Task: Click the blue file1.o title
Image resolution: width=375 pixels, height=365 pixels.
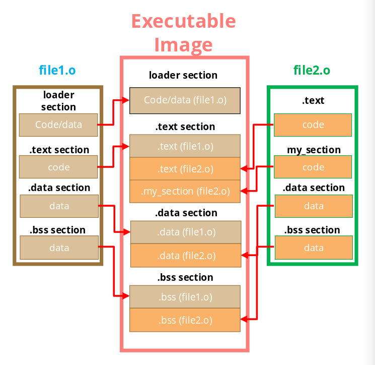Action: (x=57, y=70)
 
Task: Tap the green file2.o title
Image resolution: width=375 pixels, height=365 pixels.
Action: (x=312, y=70)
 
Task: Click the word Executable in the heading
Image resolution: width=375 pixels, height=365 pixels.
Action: (x=184, y=21)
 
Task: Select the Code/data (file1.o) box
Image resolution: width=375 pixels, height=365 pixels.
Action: (x=185, y=100)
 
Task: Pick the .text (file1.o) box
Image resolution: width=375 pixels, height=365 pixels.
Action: (x=185, y=146)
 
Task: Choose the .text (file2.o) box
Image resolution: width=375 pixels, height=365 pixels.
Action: (x=185, y=168)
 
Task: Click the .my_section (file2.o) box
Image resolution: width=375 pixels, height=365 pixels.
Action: (x=185, y=192)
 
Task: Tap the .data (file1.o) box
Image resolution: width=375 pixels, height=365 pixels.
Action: (x=186, y=232)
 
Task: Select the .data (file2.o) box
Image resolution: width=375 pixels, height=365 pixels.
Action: (x=186, y=255)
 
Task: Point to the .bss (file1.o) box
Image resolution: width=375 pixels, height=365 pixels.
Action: (x=185, y=297)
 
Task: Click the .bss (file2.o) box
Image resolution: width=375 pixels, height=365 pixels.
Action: (x=185, y=320)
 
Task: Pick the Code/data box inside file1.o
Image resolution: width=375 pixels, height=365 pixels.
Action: (x=58, y=125)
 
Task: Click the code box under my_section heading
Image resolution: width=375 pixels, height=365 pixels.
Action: (x=313, y=167)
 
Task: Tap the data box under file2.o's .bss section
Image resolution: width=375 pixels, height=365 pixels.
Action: (x=314, y=248)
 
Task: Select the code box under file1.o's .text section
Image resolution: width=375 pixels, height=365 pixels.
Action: (x=58, y=167)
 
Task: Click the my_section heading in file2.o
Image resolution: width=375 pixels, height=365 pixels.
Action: (x=314, y=150)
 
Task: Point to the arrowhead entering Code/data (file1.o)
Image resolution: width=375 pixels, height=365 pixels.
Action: (x=126, y=100)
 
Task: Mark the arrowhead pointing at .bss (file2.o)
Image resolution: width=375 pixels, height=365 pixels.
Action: (x=244, y=319)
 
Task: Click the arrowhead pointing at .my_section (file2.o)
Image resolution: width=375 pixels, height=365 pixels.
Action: (x=244, y=191)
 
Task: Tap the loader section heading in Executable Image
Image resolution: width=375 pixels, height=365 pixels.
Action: (x=183, y=75)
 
